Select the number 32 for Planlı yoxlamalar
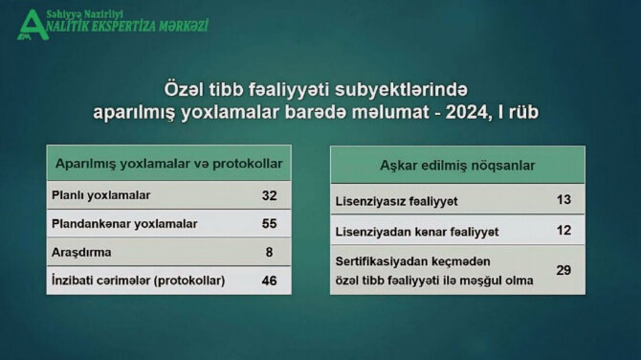tap(269, 195)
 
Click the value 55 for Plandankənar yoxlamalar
tap(269, 224)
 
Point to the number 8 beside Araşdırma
tap(269, 252)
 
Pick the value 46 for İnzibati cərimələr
tap(269, 281)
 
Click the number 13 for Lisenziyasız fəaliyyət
tap(564, 201)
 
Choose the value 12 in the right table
tap(564, 231)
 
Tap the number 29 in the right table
tap(564, 270)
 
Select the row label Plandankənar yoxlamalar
tap(123, 224)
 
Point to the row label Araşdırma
tap(82, 252)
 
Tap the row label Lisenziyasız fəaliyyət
tap(397, 202)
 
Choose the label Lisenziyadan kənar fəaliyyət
tap(417, 232)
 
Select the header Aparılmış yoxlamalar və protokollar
tap(170, 163)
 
